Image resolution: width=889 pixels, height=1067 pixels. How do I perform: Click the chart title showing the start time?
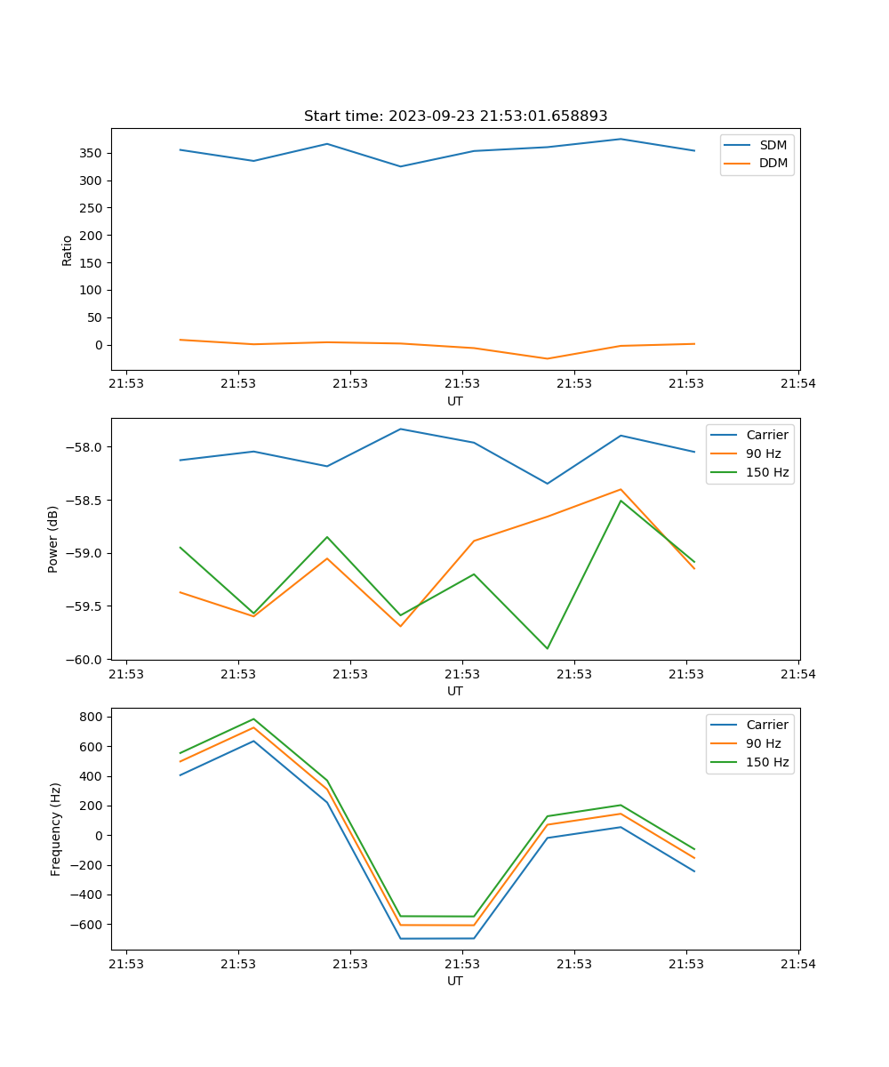click(x=455, y=116)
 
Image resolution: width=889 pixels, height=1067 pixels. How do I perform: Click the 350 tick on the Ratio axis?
click(x=93, y=153)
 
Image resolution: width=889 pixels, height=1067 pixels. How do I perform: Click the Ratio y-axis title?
click(x=68, y=250)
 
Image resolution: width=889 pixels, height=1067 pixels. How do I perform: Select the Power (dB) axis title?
click(x=53, y=539)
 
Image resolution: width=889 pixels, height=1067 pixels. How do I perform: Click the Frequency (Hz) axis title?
click(x=56, y=829)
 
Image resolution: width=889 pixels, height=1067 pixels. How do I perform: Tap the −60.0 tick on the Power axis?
click(x=87, y=660)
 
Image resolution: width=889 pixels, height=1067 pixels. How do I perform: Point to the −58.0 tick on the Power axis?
click(x=87, y=447)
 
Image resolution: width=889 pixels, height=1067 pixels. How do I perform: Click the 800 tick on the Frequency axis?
click(x=93, y=717)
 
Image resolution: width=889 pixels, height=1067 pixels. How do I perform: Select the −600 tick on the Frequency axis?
click(x=90, y=925)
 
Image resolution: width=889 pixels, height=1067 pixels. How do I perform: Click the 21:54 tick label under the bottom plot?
click(x=798, y=964)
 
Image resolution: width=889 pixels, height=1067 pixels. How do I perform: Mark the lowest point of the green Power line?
click(x=547, y=648)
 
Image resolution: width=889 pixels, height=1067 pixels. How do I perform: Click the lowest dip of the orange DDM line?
click(x=547, y=358)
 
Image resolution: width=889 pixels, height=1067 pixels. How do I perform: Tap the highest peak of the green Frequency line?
click(x=253, y=719)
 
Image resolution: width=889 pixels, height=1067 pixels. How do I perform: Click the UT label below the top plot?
click(x=455, y=401)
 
